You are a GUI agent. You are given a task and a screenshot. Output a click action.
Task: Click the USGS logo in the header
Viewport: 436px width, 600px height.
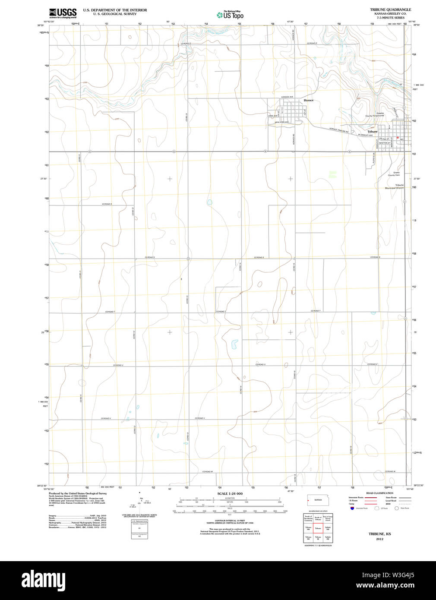coord(63,13)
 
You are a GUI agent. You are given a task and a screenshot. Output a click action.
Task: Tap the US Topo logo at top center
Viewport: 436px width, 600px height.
coord(230,15)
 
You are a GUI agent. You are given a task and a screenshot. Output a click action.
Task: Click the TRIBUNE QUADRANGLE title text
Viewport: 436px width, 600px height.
coord(390,9)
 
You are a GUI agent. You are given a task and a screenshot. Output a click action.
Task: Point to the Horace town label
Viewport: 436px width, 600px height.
coord(308,100)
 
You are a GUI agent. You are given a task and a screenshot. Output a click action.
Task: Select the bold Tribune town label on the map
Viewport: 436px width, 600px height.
coord(372,131)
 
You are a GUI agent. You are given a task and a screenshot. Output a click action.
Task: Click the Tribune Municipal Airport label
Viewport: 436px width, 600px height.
coord(395,186)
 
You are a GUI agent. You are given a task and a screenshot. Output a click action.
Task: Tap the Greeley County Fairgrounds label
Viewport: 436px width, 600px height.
coord(375,114)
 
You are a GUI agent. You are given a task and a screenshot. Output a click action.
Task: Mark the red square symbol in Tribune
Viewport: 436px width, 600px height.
coord(398,138)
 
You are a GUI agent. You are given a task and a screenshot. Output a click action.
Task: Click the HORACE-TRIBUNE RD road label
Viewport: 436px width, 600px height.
coord(338,130)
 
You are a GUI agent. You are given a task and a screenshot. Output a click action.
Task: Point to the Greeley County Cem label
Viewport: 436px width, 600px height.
coord(394,174)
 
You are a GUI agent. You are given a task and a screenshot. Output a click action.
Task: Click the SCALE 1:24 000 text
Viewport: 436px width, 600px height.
coord(230,493)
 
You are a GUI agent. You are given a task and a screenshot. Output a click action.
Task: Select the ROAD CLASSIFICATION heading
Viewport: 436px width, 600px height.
coord(379,493)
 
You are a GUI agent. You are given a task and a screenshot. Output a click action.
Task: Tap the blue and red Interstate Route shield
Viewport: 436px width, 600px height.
coord(352,508)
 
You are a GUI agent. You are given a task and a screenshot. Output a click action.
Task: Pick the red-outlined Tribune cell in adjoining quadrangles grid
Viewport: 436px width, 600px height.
coord(318,527)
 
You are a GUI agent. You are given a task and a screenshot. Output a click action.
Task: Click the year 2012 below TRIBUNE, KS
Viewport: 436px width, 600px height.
coord(379,539)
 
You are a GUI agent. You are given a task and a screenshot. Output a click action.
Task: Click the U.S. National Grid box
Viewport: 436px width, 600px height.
coord(139,527)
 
